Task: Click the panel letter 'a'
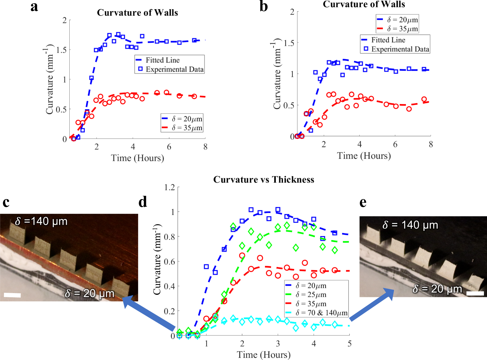(x=34, y=7)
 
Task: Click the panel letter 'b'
(x=264, y=7)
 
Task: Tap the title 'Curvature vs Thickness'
(x=264, y=180)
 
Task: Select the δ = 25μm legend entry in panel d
(x=311, y=295)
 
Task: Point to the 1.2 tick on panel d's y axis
(x=169, y=187)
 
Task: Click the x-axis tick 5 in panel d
(x=349, y=344)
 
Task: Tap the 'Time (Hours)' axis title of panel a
(x=137, y=158)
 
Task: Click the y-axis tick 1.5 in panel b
(x=289, y=43)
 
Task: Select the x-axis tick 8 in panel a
(x=205, y=147)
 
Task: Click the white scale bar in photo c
(x=12, y=295)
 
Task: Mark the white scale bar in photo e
(x=475, y=293)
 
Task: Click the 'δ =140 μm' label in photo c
(x=41, y=221)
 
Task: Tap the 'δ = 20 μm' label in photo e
(x=437, y=289)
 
